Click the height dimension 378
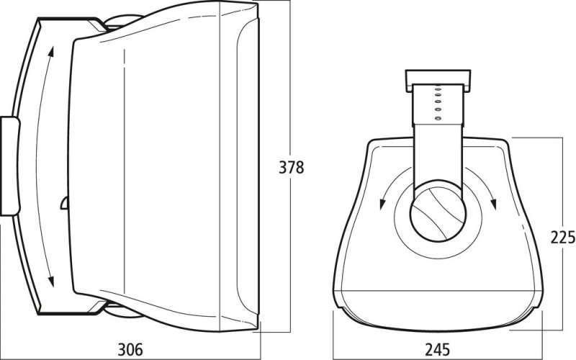tap(292, 168)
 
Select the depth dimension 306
tap(130, 349)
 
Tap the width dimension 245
tap(438, 349)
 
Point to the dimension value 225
tap(563, 238)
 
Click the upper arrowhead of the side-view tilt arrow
tap(51, 52)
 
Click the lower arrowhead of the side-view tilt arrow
tap(51, 281)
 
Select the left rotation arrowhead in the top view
tap(382, 204)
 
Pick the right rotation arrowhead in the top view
tap(493, 204)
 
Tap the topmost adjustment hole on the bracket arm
tap(438, 89)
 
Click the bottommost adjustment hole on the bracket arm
tap(438, 118)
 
